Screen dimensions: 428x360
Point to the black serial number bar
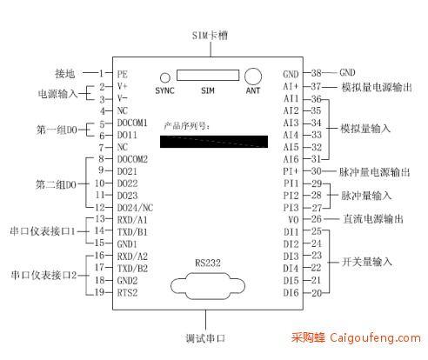[214, 142]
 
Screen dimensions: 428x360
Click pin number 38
[317, 73]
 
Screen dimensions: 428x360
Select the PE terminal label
[122, 74]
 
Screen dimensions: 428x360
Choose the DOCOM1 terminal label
[132, 123]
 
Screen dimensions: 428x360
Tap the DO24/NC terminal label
[135, 208]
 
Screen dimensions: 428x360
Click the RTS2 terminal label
[127, 293]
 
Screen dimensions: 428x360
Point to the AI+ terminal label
[291, 86]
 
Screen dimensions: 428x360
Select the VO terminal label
[293, 220]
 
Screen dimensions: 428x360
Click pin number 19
[99, 292]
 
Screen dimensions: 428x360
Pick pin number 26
[317, 219]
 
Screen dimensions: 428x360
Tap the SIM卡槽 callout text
[210, 36]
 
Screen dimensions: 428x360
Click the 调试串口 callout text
[205, 338]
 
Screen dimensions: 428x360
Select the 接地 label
[65, 74]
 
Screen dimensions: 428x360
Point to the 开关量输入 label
[367, 262]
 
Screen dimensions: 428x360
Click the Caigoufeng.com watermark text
[375, 338]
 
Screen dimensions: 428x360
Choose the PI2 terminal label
[291, 196]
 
